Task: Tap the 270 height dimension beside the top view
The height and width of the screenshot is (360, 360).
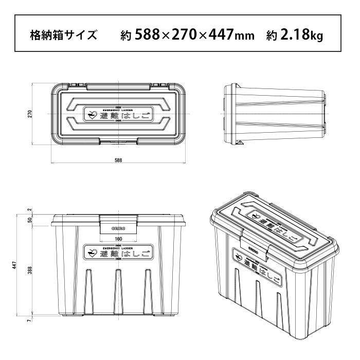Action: (x=30, y=113)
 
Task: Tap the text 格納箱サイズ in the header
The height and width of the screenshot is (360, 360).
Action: (x=63, y=35)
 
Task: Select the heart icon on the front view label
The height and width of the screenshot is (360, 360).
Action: (x=93, y=253)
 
